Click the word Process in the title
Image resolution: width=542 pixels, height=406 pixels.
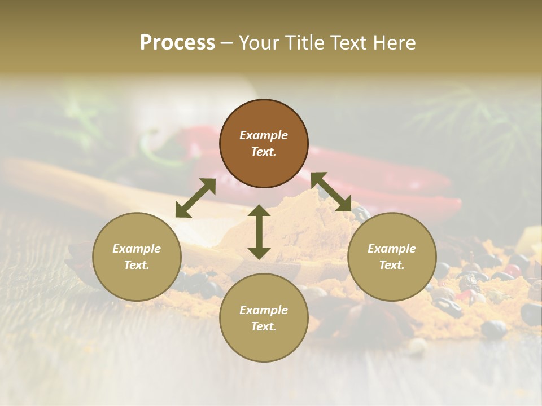click(177, 42)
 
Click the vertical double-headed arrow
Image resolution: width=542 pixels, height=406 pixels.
click(259, 232)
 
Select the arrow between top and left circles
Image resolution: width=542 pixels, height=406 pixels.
click(195, 197)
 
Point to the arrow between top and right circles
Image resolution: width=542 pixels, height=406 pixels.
click(331, 192)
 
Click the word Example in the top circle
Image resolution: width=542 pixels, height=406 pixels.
click(264, 135)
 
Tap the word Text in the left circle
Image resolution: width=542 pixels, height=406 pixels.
click(137, 265)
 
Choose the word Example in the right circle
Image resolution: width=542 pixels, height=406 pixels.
click(392, 249)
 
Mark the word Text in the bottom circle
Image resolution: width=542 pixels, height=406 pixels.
click(264, 326)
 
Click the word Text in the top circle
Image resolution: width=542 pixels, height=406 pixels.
click(264, 152)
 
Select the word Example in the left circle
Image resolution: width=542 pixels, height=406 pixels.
click(137, 249)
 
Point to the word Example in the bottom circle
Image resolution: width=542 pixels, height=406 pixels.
click(264, 310)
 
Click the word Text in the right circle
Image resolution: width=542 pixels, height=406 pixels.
click(392, 265)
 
